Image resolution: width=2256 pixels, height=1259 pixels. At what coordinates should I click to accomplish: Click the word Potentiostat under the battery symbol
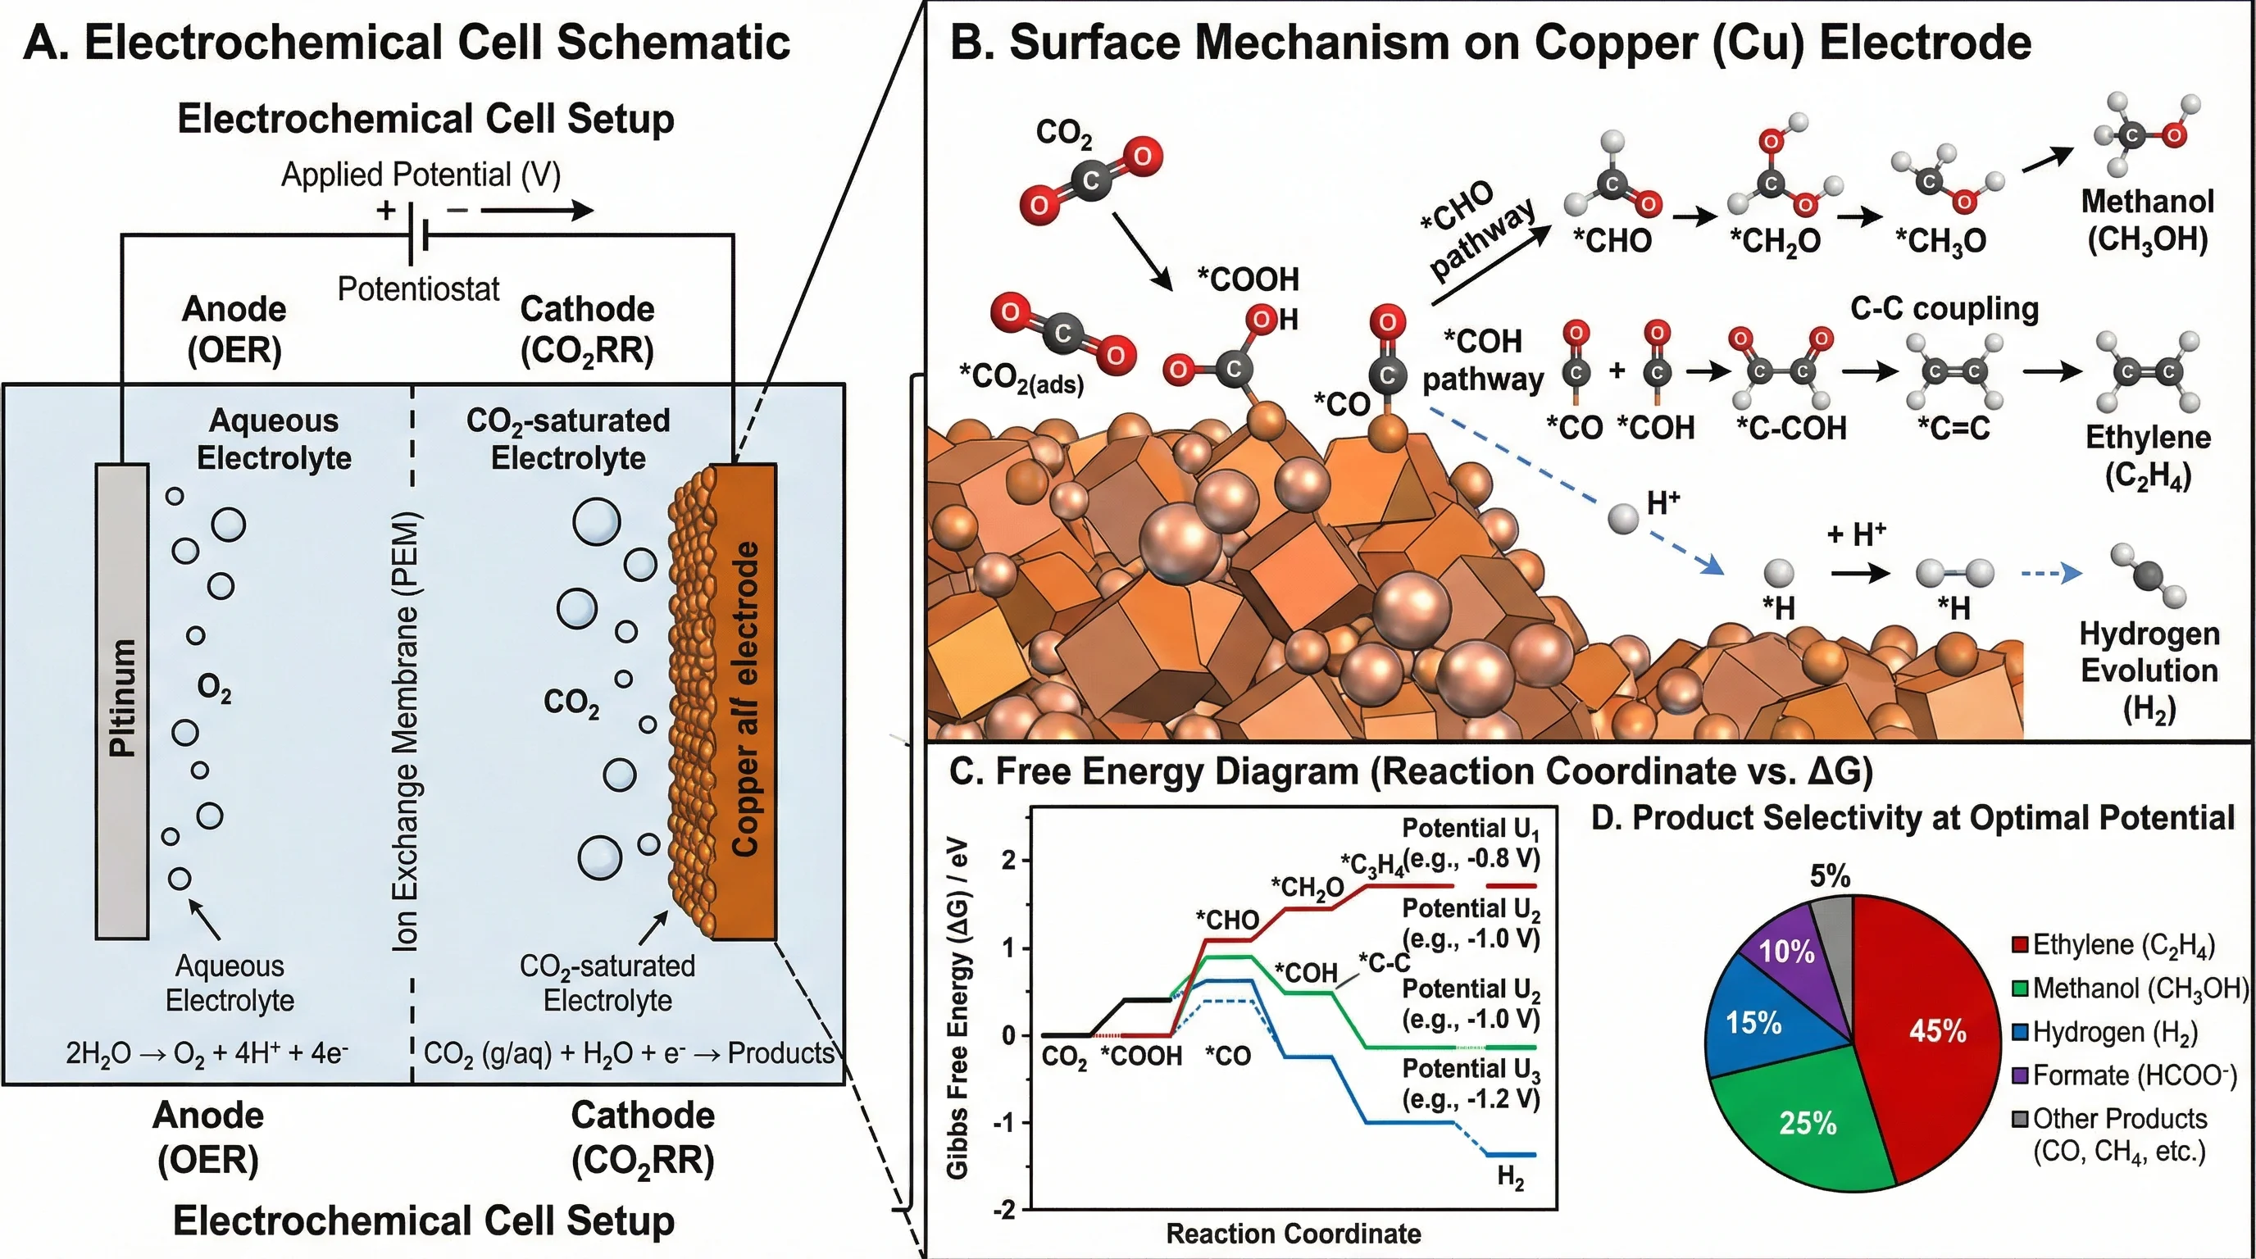click(418, 289)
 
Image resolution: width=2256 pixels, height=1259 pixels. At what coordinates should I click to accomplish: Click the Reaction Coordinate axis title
click(1294, 1234)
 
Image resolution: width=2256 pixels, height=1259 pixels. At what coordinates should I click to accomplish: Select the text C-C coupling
click(1944, 308)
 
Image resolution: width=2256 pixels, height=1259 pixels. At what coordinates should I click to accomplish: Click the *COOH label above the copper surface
click(1248, 280)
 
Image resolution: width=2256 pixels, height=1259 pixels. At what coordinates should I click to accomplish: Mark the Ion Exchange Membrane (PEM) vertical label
click(406, 731)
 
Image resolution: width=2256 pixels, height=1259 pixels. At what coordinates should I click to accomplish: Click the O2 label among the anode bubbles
click(215, 689)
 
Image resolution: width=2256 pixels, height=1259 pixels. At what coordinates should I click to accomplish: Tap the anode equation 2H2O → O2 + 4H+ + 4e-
click(207, 1052)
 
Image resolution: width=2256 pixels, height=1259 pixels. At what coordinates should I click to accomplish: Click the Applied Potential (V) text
click(421, 175)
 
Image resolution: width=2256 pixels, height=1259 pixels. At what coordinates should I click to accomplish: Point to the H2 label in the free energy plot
click(1510, 1178)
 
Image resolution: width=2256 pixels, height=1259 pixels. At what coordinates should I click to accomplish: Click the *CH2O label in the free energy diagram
click(1307, 888)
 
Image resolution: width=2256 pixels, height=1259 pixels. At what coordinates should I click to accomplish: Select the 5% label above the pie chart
click(1830, 875)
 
